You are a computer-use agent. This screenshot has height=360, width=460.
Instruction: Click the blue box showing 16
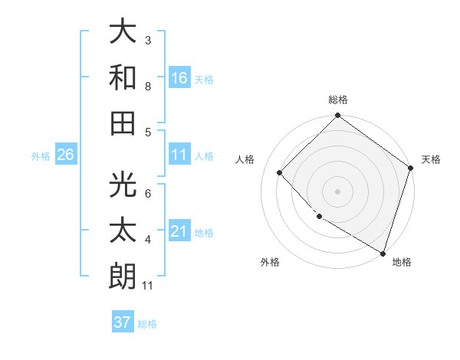(x=179, y=78)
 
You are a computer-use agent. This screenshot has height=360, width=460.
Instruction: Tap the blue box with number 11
(x=179, y=155)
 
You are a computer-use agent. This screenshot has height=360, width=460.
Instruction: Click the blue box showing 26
(x=65, y=155)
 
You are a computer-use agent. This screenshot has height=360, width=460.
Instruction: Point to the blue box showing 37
(x=123, y=322)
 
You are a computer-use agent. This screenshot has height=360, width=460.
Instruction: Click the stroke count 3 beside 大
(x=148, y=41)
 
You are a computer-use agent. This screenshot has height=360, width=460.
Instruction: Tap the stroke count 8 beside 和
(x=148, y=87)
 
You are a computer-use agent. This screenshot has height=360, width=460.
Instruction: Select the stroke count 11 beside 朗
(x=149, y=286)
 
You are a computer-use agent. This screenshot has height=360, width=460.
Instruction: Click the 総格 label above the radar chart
(x=338, y=100)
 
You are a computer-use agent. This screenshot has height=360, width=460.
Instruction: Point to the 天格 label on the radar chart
(x=431, y=159)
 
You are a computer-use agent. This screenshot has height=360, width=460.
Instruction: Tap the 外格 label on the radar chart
(x=270, y=262)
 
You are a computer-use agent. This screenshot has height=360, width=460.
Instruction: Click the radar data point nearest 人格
(x=280, y=172)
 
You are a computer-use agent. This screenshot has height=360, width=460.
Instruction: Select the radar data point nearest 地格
(x=382, y=252)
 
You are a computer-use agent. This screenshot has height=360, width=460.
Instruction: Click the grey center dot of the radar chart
(x=337, y=191)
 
